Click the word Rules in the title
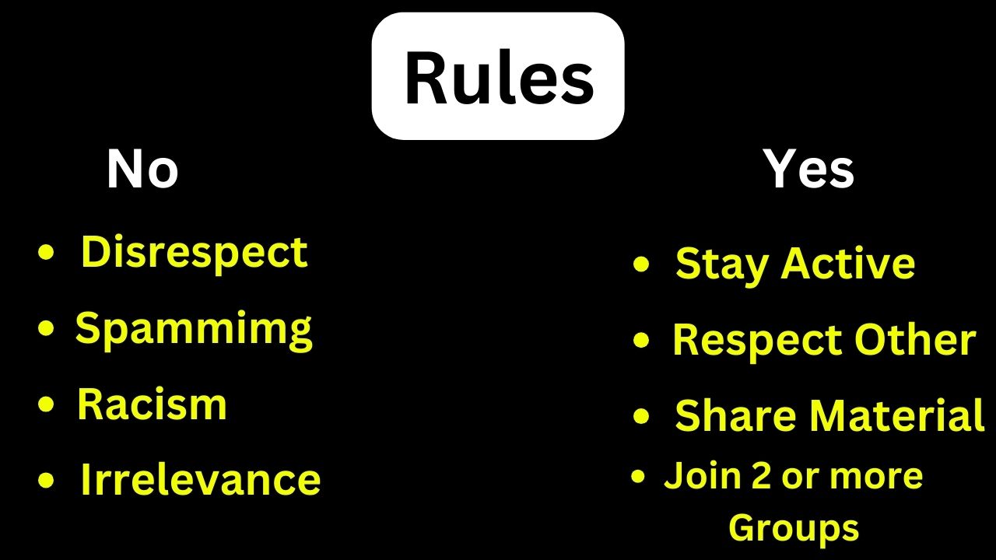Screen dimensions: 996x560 tap(499, 79)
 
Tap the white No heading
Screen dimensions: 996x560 tap(142, 169)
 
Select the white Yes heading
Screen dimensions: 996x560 tap(808, 169)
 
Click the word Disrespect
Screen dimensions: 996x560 tap(194, 253)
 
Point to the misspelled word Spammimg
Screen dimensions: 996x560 tap(194, 331)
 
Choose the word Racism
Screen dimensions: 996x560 tap(152, 404)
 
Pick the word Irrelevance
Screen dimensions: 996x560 tap(201, 479)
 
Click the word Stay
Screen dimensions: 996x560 tap(721, 264)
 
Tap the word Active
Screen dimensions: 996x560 tap(848, 263)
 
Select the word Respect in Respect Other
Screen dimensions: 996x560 tap(756, 341)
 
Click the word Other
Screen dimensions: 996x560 tap(915, 339)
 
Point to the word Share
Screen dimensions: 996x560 tap(735, 415)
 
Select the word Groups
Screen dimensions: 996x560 tap(794, 529)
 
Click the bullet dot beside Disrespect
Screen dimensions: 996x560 tap(46, 253)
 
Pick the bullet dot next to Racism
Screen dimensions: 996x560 tap(46, 404)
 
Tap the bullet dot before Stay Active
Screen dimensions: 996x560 tap(641, 264)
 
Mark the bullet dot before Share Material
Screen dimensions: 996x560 tap(641, 416)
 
